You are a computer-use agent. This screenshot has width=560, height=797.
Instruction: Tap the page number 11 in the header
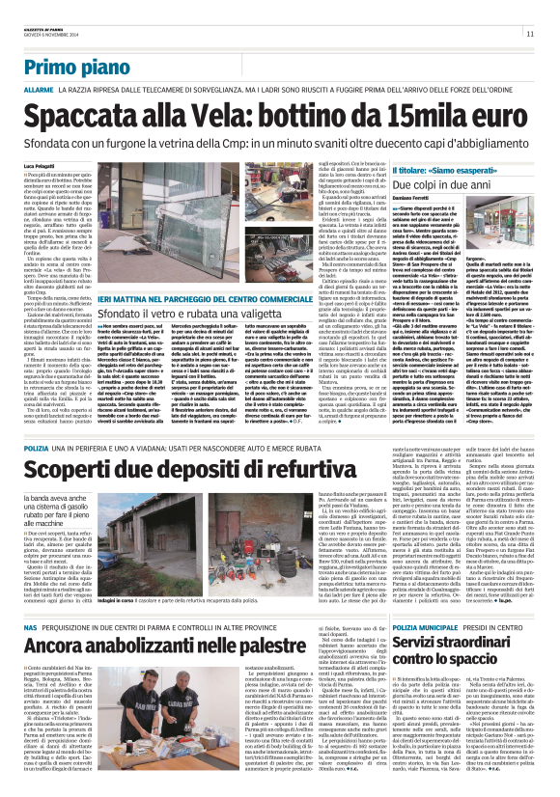529,35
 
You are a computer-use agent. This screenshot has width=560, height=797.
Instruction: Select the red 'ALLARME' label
40,89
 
